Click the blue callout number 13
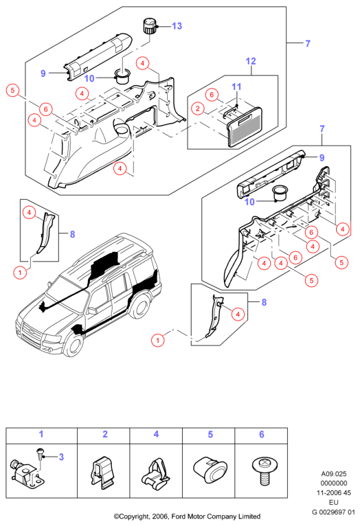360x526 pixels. click(x=177, y=26)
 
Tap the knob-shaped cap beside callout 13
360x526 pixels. click(x=149, y=26)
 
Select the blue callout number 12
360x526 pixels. click(x=251, y=61)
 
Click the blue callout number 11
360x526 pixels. click(x=236, y=87)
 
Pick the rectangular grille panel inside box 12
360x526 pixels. click(x=245, y=127)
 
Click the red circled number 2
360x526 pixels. click(x=198, y=108)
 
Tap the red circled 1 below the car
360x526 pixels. click(x=158, y=340)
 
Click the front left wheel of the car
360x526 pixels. click(x=74, y=344)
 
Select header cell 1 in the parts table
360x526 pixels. click(x=41, y=435)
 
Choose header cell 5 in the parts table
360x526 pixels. click(x=210, y=435)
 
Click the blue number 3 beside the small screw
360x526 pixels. click(x=61, y=457)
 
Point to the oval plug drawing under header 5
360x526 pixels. click(x=210, y=468)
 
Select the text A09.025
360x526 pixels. click(x=333, y=474)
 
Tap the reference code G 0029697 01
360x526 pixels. click(x=333, y=512)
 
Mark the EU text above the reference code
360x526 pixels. click(x=333, y=502)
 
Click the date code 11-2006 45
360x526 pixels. click(x=333, y=493)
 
